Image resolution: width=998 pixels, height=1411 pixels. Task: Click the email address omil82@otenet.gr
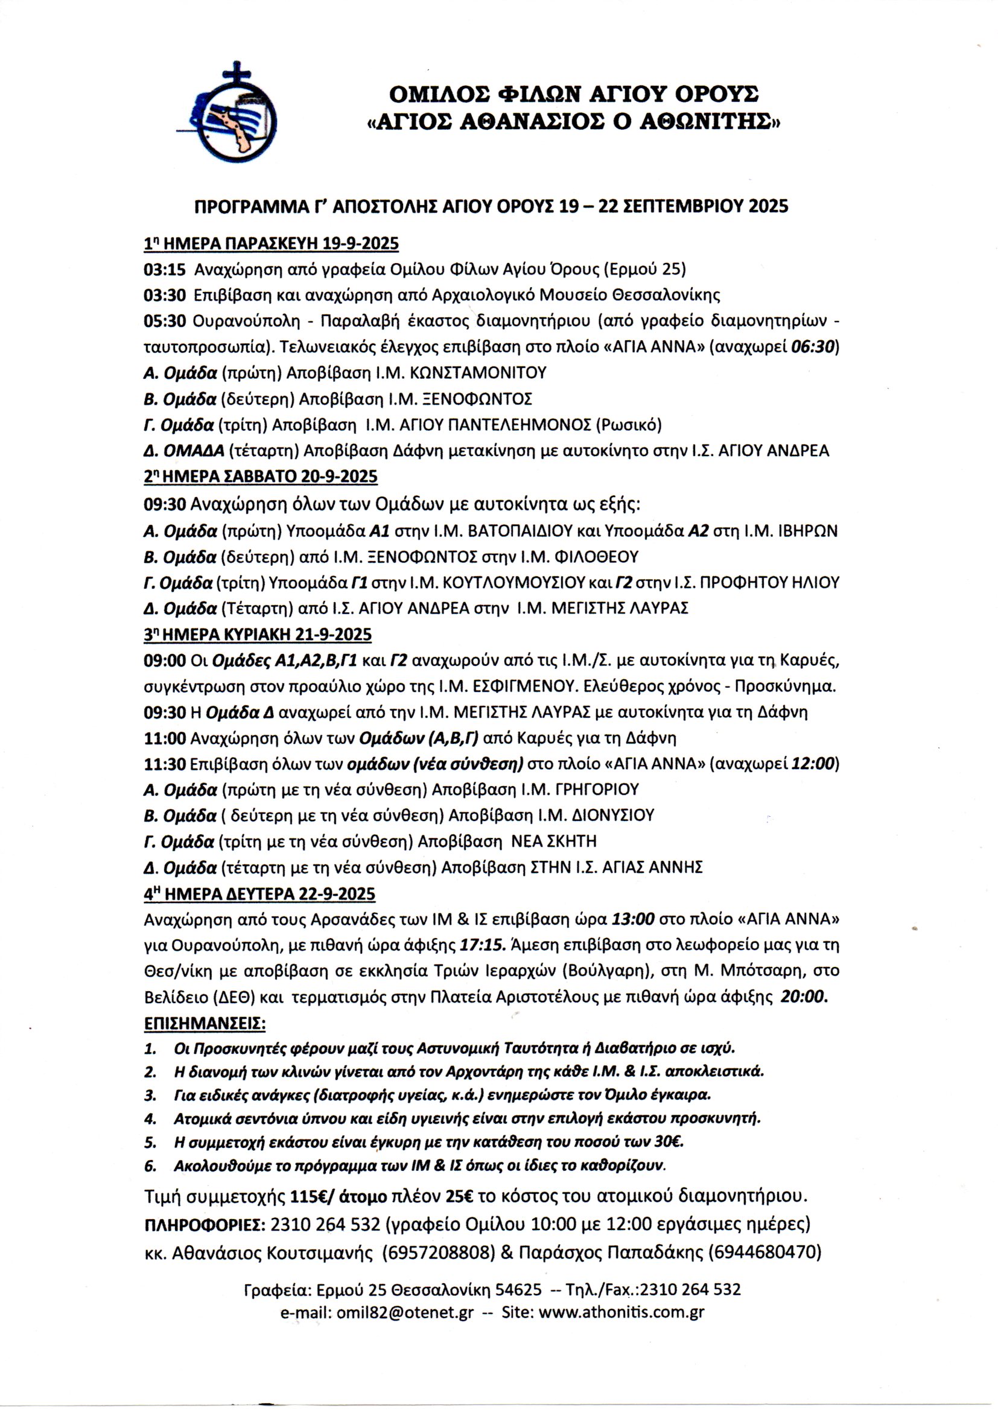click(404, 1313)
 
